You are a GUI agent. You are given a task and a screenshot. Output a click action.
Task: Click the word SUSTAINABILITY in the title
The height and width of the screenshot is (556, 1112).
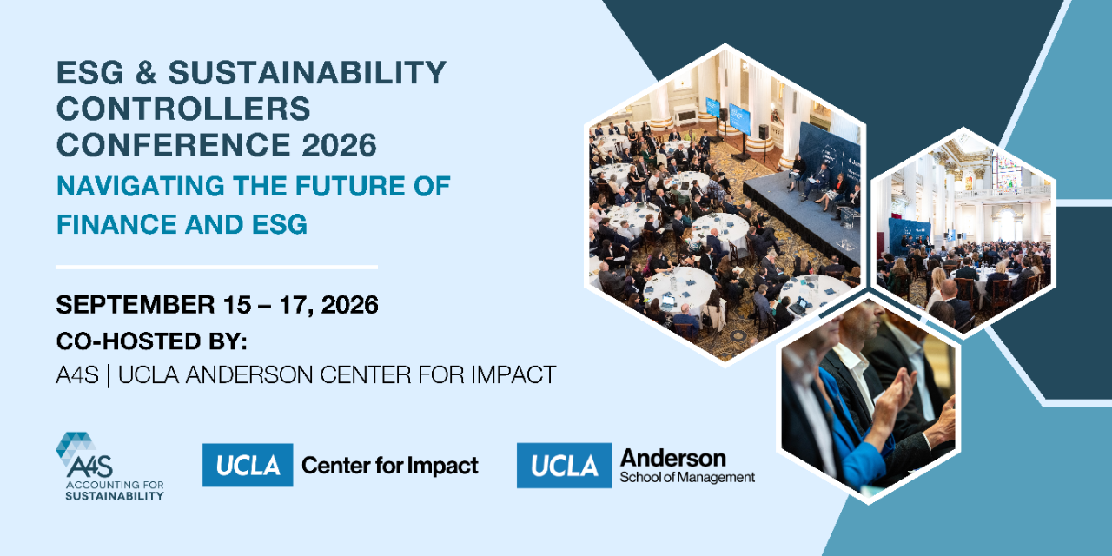(x=308, y=72)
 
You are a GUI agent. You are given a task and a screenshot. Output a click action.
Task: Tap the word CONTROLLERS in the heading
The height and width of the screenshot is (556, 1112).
(x=183, y=109)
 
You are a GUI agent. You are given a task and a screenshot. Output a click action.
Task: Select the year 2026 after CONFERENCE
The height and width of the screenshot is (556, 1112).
(x=339, y=145)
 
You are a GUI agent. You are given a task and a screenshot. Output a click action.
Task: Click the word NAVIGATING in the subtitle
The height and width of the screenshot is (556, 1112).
(x=141, y=186)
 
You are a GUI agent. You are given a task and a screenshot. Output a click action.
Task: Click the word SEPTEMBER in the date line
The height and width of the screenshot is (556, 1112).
(x=136, y=304)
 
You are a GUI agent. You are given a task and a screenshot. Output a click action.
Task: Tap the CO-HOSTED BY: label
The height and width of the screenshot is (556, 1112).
(x=151, y=341)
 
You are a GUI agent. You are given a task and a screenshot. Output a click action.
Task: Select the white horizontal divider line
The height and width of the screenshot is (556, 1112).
(x=217, y=267)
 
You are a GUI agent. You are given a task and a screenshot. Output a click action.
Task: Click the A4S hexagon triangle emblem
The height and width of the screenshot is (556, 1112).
(x=76, y=447)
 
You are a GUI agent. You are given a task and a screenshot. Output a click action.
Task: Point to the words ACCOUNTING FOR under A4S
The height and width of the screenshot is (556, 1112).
(x=115, y=485)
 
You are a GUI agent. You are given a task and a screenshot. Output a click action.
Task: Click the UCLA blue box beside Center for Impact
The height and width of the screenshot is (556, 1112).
(x=248, y=465)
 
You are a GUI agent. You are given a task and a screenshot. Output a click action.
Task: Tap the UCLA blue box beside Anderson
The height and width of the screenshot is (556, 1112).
(x=564, y=465)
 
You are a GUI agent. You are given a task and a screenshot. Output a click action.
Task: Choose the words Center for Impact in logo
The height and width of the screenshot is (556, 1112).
(x=390, y=466)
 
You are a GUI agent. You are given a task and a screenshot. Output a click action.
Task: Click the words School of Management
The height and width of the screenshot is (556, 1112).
(x=687, y=478)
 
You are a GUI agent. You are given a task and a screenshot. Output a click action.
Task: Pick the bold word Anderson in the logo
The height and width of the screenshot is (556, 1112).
(x=672, y=458)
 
